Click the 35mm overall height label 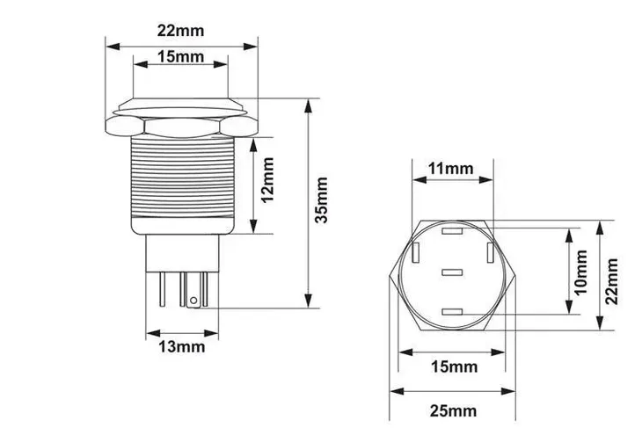[322, 200]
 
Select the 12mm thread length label [267, 180]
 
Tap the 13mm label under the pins [182, 347]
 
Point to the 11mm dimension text [451, 168]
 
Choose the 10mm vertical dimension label [580, 272]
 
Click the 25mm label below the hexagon [454, 410]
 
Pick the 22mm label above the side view [180, 31]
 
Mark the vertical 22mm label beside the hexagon [611, 281]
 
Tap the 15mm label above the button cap [180, 56]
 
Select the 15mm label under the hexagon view [454, 366]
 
